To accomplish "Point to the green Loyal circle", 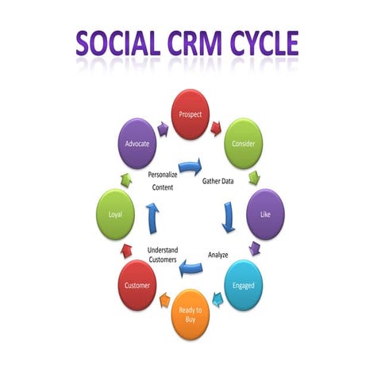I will pyautogui.click(x=115, y=214).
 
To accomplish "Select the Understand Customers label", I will pyautogui.click(x=163, y=255).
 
